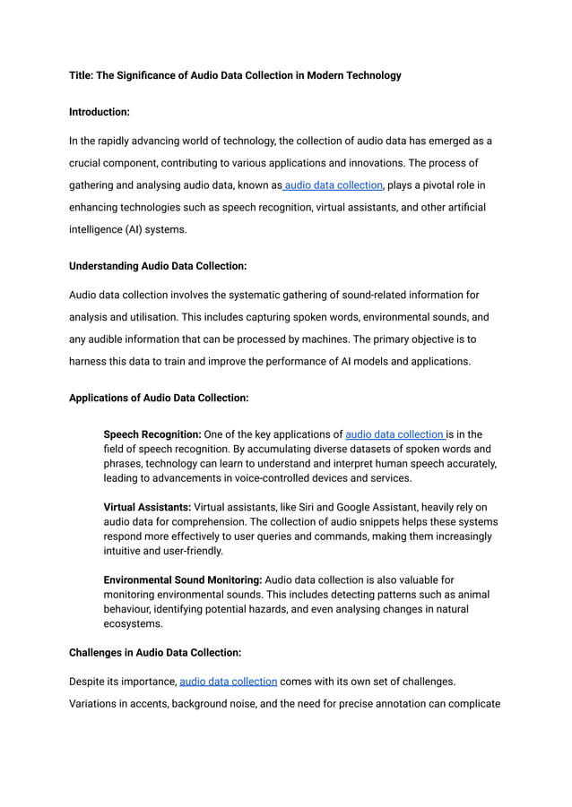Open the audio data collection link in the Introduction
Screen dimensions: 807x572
click(x=334, y=185)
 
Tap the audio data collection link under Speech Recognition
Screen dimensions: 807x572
click(x=394, y=434)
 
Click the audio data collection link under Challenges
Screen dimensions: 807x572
click(x=228, y=681)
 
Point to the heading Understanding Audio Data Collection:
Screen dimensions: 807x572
click(x=157, y=266)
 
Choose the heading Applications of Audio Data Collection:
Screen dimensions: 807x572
click(x=159, y=397)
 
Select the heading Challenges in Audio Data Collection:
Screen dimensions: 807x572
click(x=155, y=653)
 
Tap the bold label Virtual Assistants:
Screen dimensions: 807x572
click(x=148, y=507)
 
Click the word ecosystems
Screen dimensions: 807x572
click(x=133, y=624)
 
